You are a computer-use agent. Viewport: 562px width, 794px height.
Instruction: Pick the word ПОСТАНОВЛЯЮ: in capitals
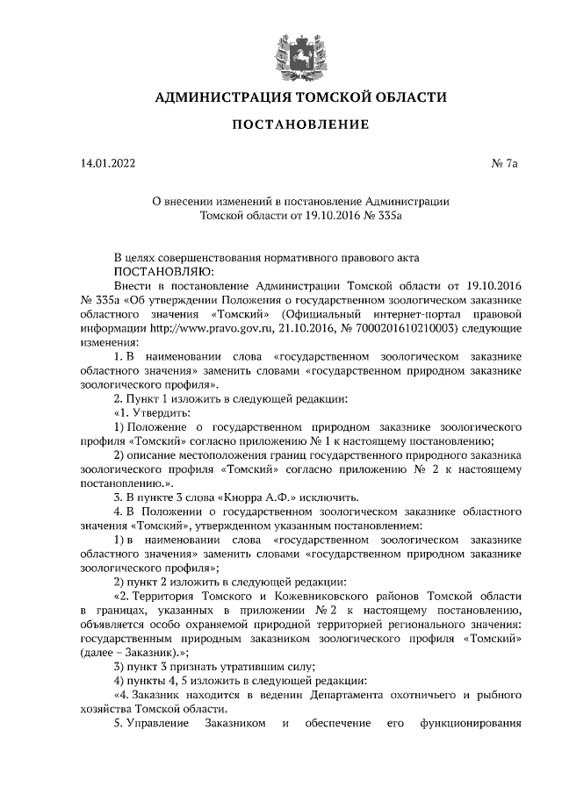click(x=156, y=271)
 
